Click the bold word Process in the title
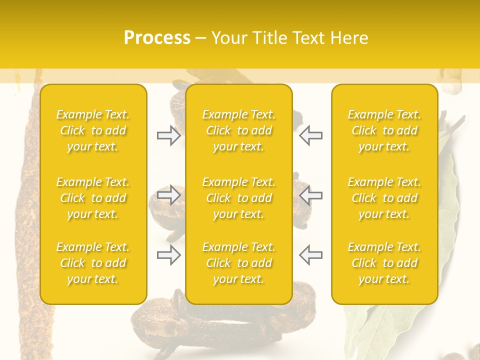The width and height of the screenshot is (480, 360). pyautogui.click(x=157, y=38)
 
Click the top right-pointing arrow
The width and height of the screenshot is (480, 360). pyautogui.click(x=168, y=135)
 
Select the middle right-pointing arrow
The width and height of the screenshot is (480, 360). pyautogui.click(x=168, y=195)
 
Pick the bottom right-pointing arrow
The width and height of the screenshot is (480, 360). pyautogui.click(x=168, y=255)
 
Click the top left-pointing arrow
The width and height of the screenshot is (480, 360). pyautogui.click(x=311, y=135)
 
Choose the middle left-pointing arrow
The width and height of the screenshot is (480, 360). pyautogui.click(x=311, y=195)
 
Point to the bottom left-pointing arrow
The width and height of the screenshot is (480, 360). pyautogui.click(x=311, y=255)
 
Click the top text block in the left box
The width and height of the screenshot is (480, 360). pyautogui.click(x=93, y=130)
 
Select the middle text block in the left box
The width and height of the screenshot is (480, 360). pyautogui.click(x=93, y=198)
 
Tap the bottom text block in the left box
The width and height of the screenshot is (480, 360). pyautogui.click(x=93, y=263)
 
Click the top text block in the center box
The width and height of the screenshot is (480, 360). pyautogui.click(x=239, y=130)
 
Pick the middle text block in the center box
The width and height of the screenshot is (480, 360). pyautogui.click(x=239, y=198)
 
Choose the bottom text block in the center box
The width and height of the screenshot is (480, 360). pyautogui.click(x=239, y=263)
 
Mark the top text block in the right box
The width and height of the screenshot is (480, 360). pyautogui.click(x=384, y=130)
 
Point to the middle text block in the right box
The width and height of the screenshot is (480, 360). pyautogui.click(x=384, y=198)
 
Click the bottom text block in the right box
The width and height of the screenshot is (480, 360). pyautogui.click(x=384, y=263)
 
